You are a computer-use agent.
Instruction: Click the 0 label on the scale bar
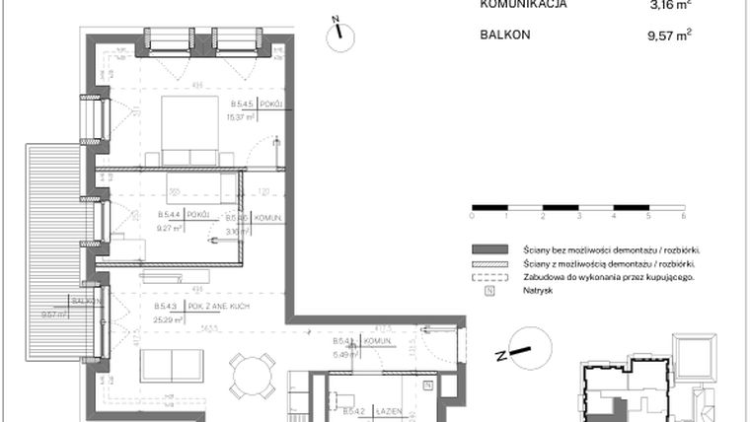click(x=473, y=214)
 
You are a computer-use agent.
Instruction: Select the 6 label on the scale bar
click(x=683, y=214)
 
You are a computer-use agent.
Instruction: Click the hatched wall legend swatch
click(x=489, y=264)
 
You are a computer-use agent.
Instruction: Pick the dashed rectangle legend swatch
click(x=489, y=278)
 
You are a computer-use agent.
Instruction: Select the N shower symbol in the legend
click(x=489, y=292)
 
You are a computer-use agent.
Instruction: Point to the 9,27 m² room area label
click(x=171, y=227)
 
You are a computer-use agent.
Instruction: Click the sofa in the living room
click(x=173, y=367)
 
